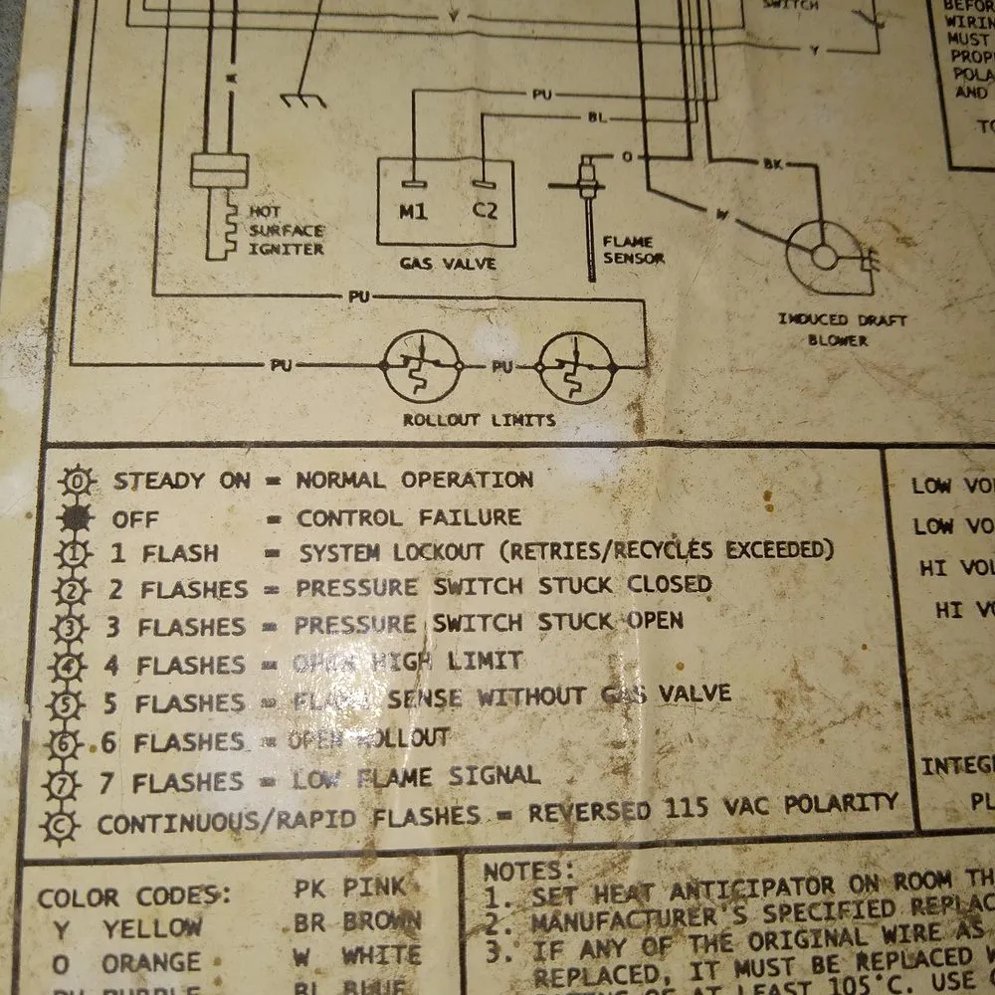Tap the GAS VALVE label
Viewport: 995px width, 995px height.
point(447,265)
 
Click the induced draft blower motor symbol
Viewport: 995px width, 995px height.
point(825,256)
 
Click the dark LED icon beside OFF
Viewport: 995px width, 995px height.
point(77,519)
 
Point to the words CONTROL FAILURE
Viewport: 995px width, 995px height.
point(409,517)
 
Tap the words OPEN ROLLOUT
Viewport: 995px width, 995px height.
point(369,739)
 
